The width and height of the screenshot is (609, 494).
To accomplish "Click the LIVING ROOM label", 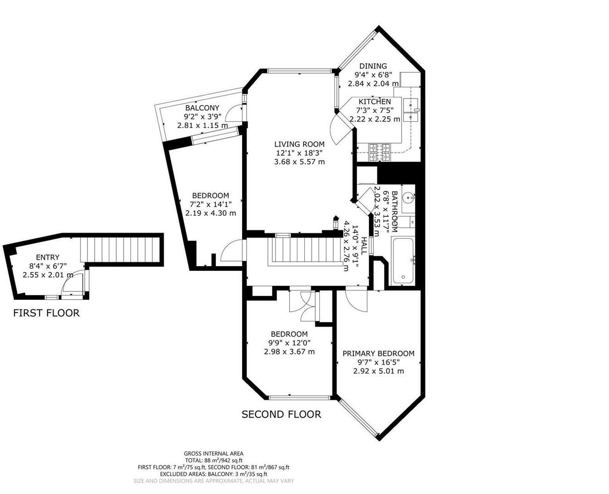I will click(299, 144).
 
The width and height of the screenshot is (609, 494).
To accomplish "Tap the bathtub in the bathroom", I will click(403, 260).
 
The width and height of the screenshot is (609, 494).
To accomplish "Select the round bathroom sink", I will click(409, 199).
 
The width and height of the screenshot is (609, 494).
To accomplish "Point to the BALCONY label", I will click(202, 108).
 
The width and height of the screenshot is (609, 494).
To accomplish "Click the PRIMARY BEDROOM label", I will click(378, 354).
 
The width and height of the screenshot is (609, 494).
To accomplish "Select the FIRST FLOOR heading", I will click(46, 313).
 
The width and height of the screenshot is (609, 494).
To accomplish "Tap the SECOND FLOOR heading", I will click(281, 414).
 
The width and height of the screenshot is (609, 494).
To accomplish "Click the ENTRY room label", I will click(48, 258).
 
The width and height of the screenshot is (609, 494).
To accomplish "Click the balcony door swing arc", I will click(234, 113).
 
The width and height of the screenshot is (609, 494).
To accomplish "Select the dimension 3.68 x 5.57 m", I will click(299, 161).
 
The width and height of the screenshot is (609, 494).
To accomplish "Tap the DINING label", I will click(373, 66).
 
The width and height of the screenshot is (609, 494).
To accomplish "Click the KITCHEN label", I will click(374, 102).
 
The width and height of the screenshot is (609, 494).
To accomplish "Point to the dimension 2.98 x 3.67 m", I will click(289, 352).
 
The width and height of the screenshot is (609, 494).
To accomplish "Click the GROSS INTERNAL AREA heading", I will click(214, 453).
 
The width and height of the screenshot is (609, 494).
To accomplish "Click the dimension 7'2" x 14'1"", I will click(210, 204).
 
